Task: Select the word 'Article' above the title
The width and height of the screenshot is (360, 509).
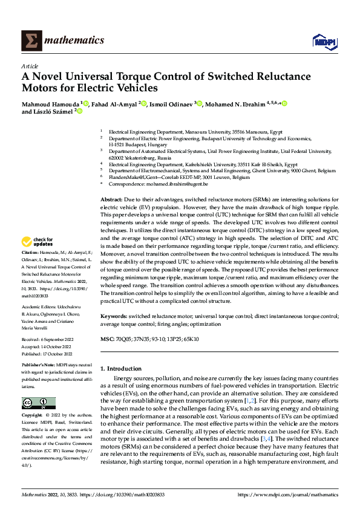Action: pyautogui.click(x=30, y=66)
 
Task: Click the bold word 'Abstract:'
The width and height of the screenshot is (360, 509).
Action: pyautogui.click(x=111, y=199)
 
